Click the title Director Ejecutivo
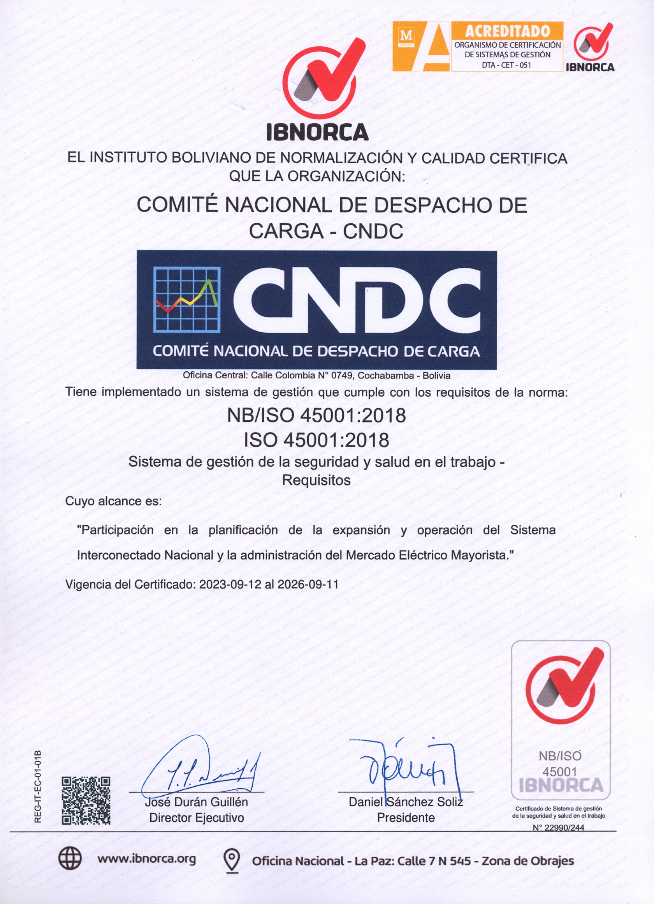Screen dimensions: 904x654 [x=196, y=817]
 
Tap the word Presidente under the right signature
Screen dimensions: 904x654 [x=406, y=817]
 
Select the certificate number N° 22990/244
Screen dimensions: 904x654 [x=558, y=828]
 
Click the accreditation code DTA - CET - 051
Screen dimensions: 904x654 [x=507, y=65]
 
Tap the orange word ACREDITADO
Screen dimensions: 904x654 [x=507, y=31]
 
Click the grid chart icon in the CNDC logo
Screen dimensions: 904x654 [x=187, y=300]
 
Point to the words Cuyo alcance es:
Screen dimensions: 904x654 [x=114, y=501]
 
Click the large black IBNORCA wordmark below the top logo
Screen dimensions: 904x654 [x=317, y=132]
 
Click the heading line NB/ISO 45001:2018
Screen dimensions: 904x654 [x=316, y=415]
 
